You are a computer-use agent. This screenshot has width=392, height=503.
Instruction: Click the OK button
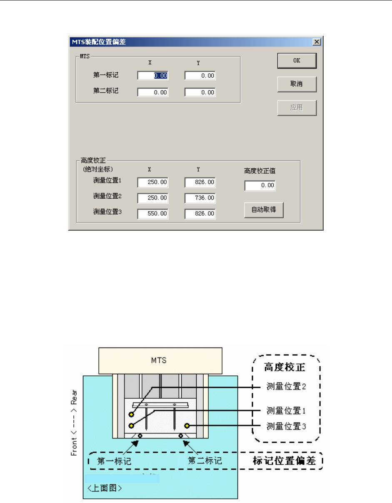point(297,61)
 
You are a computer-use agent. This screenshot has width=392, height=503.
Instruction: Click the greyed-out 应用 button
point(297,108)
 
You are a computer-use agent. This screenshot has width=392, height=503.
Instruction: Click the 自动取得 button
point(263,210)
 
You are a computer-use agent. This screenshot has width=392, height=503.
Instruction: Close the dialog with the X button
point(317,42)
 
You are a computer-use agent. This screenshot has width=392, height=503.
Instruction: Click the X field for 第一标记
point(153,76)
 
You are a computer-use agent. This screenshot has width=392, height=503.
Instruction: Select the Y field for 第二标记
point(200,92)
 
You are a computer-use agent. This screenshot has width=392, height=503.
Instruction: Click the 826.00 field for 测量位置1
point(200,182)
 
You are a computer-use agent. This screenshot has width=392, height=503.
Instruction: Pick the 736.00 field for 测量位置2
point(200,198)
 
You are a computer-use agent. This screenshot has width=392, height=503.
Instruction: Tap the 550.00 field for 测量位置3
point(153,214)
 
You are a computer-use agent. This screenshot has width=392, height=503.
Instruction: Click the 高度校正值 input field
point(260,185)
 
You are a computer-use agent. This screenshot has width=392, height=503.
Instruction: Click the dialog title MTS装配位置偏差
point(99,42)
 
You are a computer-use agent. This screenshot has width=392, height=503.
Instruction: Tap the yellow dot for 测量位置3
point(187,426)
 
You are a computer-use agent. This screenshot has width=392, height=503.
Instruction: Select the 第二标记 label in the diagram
point(205,461)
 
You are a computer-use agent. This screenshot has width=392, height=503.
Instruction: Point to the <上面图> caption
point(105,488)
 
